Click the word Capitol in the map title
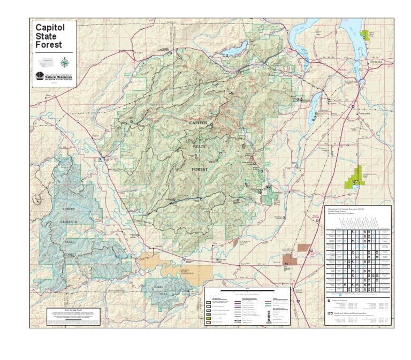pos(50,27)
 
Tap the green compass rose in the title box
pos(65,62)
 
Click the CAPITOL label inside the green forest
pos(198,122)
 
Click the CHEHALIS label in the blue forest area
pos(70,221)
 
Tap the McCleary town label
pos(139,52)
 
